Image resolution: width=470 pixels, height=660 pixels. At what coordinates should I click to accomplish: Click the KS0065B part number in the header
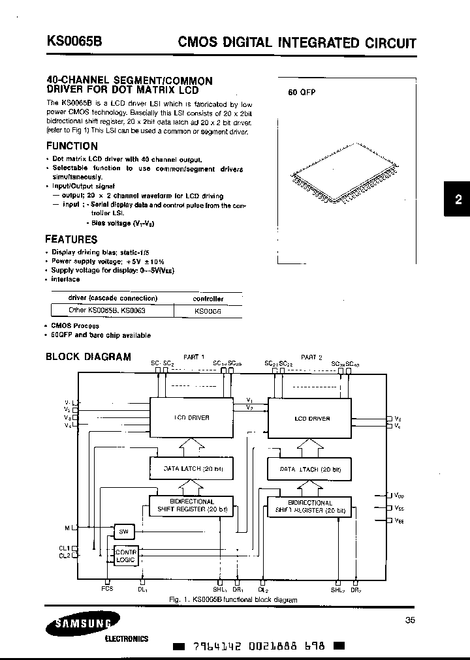tap(74, 42)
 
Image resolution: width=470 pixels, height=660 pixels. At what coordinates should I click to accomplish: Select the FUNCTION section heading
tap(72, 146)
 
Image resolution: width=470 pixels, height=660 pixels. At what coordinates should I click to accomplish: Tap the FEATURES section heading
tap(71, 239)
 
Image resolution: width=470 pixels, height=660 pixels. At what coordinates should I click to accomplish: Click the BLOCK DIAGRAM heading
tap(88, 357)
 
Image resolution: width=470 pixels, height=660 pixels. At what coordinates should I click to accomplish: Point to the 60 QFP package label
tap(302, 93)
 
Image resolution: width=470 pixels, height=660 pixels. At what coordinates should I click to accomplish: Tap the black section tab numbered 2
tap(458, 200)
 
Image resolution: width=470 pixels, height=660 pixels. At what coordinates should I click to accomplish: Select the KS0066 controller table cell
tap(208, 311)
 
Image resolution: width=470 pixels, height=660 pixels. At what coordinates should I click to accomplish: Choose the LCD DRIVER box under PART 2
tap(312, 419)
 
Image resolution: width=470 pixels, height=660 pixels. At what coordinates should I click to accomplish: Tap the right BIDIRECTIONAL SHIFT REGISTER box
tap(309, 507)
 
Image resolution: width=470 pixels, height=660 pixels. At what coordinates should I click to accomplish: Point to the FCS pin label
tap(107, 589)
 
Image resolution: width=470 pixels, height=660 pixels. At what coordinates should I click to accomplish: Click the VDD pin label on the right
tap(399, 496)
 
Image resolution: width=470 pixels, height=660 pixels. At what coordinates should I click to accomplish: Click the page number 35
tap(409, 620)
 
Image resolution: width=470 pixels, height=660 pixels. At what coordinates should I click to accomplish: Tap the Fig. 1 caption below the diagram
tap(233, 600)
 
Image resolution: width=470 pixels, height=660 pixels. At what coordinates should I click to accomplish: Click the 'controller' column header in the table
tap(208, 299)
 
